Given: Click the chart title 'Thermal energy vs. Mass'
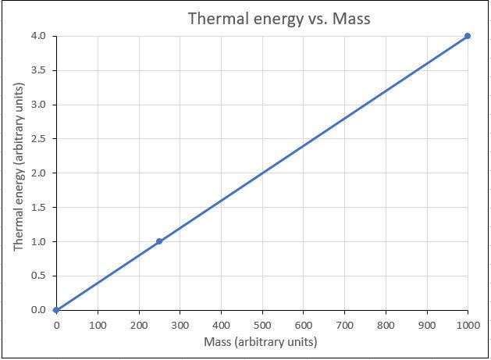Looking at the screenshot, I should point(278,18).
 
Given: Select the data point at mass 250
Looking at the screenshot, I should point(159,241).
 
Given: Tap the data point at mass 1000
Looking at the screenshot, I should point(468,36).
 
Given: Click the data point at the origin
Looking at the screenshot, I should point(56,310).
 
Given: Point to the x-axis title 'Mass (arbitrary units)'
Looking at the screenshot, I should point(262,341).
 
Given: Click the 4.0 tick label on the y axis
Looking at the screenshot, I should point(39,36).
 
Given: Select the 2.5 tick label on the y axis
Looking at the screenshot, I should point(39,139).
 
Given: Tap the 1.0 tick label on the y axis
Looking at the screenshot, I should point(39,241).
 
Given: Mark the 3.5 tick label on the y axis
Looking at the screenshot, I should point(39,70).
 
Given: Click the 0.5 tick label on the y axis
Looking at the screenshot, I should point(39,276).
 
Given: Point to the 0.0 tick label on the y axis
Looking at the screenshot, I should point(39,310).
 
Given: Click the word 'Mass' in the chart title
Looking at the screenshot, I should point(348,18).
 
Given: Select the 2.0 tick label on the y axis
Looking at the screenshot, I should point(39,173).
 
